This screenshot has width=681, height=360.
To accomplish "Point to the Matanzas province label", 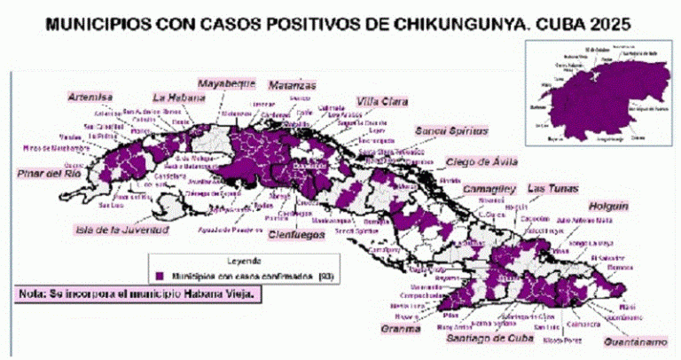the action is coord(292,85).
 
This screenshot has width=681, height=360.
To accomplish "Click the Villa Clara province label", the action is coord(381,101).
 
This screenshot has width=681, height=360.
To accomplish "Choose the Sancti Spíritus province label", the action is coord(451,130).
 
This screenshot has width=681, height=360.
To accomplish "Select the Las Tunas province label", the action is coord(552,189).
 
